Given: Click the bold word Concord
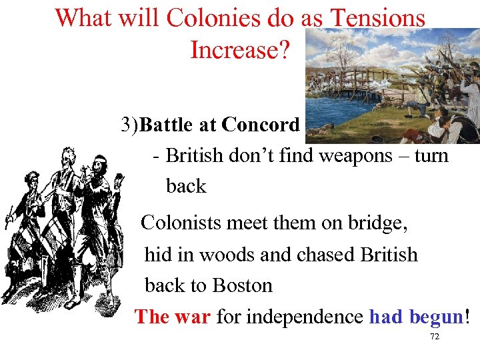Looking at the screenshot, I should [261, 125].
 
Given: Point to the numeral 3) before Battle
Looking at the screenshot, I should [130, 125].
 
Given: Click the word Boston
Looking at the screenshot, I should [241, 285].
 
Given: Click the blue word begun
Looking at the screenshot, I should [436, 316].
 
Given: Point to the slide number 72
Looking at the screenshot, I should [435, 337].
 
